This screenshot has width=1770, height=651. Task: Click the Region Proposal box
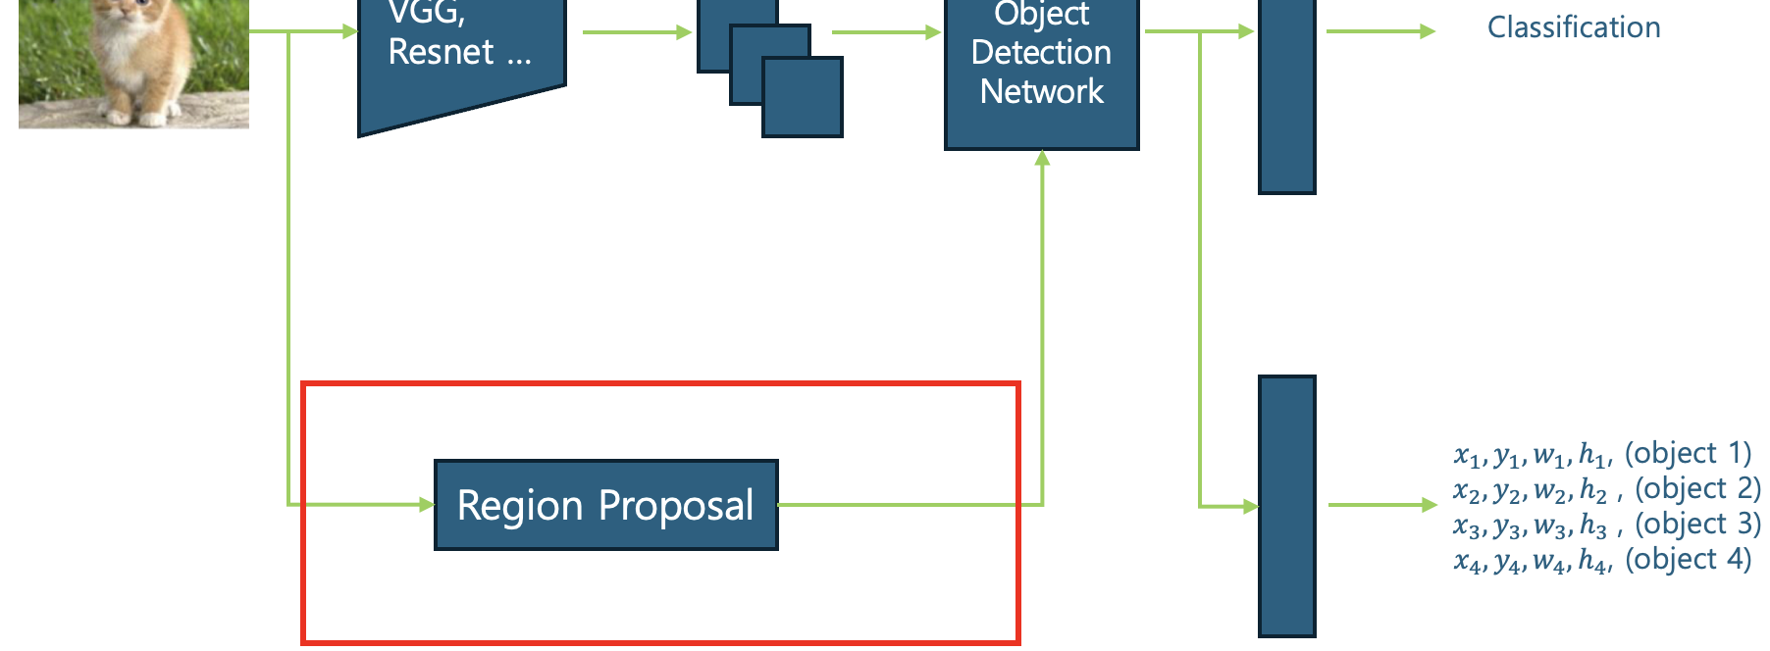[x=605, y=505]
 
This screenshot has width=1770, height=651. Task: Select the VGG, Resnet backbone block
[x=461, y=59]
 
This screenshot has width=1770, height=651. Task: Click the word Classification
[x=1573, y=27]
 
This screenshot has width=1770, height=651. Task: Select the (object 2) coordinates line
[x=1606, y=488]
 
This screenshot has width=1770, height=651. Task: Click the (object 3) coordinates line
[x=1606, y=525]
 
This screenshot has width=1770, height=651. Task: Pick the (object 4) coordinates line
[x=1602, y=560]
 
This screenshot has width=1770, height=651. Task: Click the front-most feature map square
[x=803, y=97]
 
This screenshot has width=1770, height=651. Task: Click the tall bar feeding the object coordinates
[x=1286, y=506]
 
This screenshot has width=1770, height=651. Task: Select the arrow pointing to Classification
[x=1380, y=31]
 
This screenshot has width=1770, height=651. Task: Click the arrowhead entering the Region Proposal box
[x=427, y=505]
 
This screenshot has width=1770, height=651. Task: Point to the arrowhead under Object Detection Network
[x=1042, y=158]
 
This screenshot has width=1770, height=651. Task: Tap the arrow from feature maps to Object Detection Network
[x=886, y=32]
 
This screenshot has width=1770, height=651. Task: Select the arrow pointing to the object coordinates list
[x=1381, y=505]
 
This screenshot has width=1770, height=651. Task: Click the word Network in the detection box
[x=1041, y=91]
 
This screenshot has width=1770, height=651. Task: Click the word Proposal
[x=676, y=506]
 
